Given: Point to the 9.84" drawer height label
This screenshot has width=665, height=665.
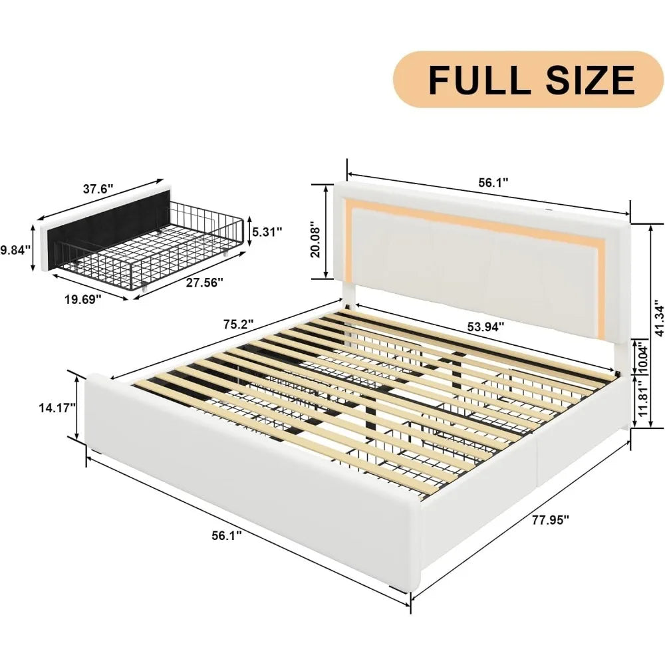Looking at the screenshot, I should [x=15, y=250].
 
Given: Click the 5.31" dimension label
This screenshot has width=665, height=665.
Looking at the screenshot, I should [x=266, y=231].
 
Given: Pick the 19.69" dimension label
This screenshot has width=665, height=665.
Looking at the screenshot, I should [x=82, y=299].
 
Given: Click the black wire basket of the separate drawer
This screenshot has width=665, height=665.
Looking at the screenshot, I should [x=180, y=239].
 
